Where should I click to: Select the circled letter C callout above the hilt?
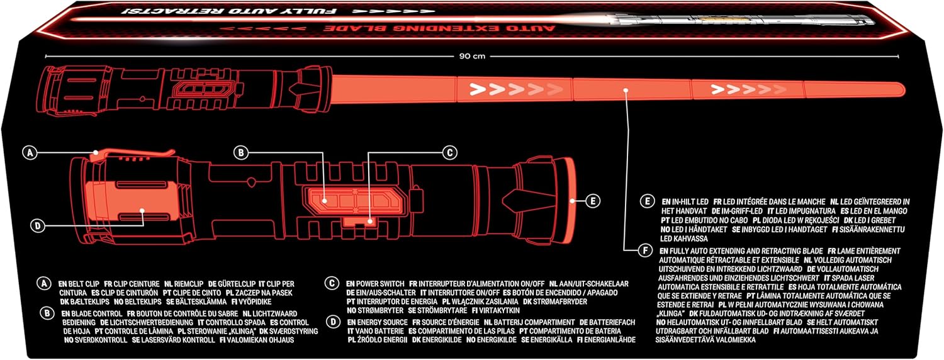pyautogui.click(x=448, y=152)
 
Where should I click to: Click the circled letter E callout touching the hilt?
pyautogui.click(x=591, y=201)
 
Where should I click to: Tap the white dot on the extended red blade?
pyautogui.click(x=626, y=90)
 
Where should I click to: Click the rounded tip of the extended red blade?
pyautogui.click(x=900, y=89)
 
